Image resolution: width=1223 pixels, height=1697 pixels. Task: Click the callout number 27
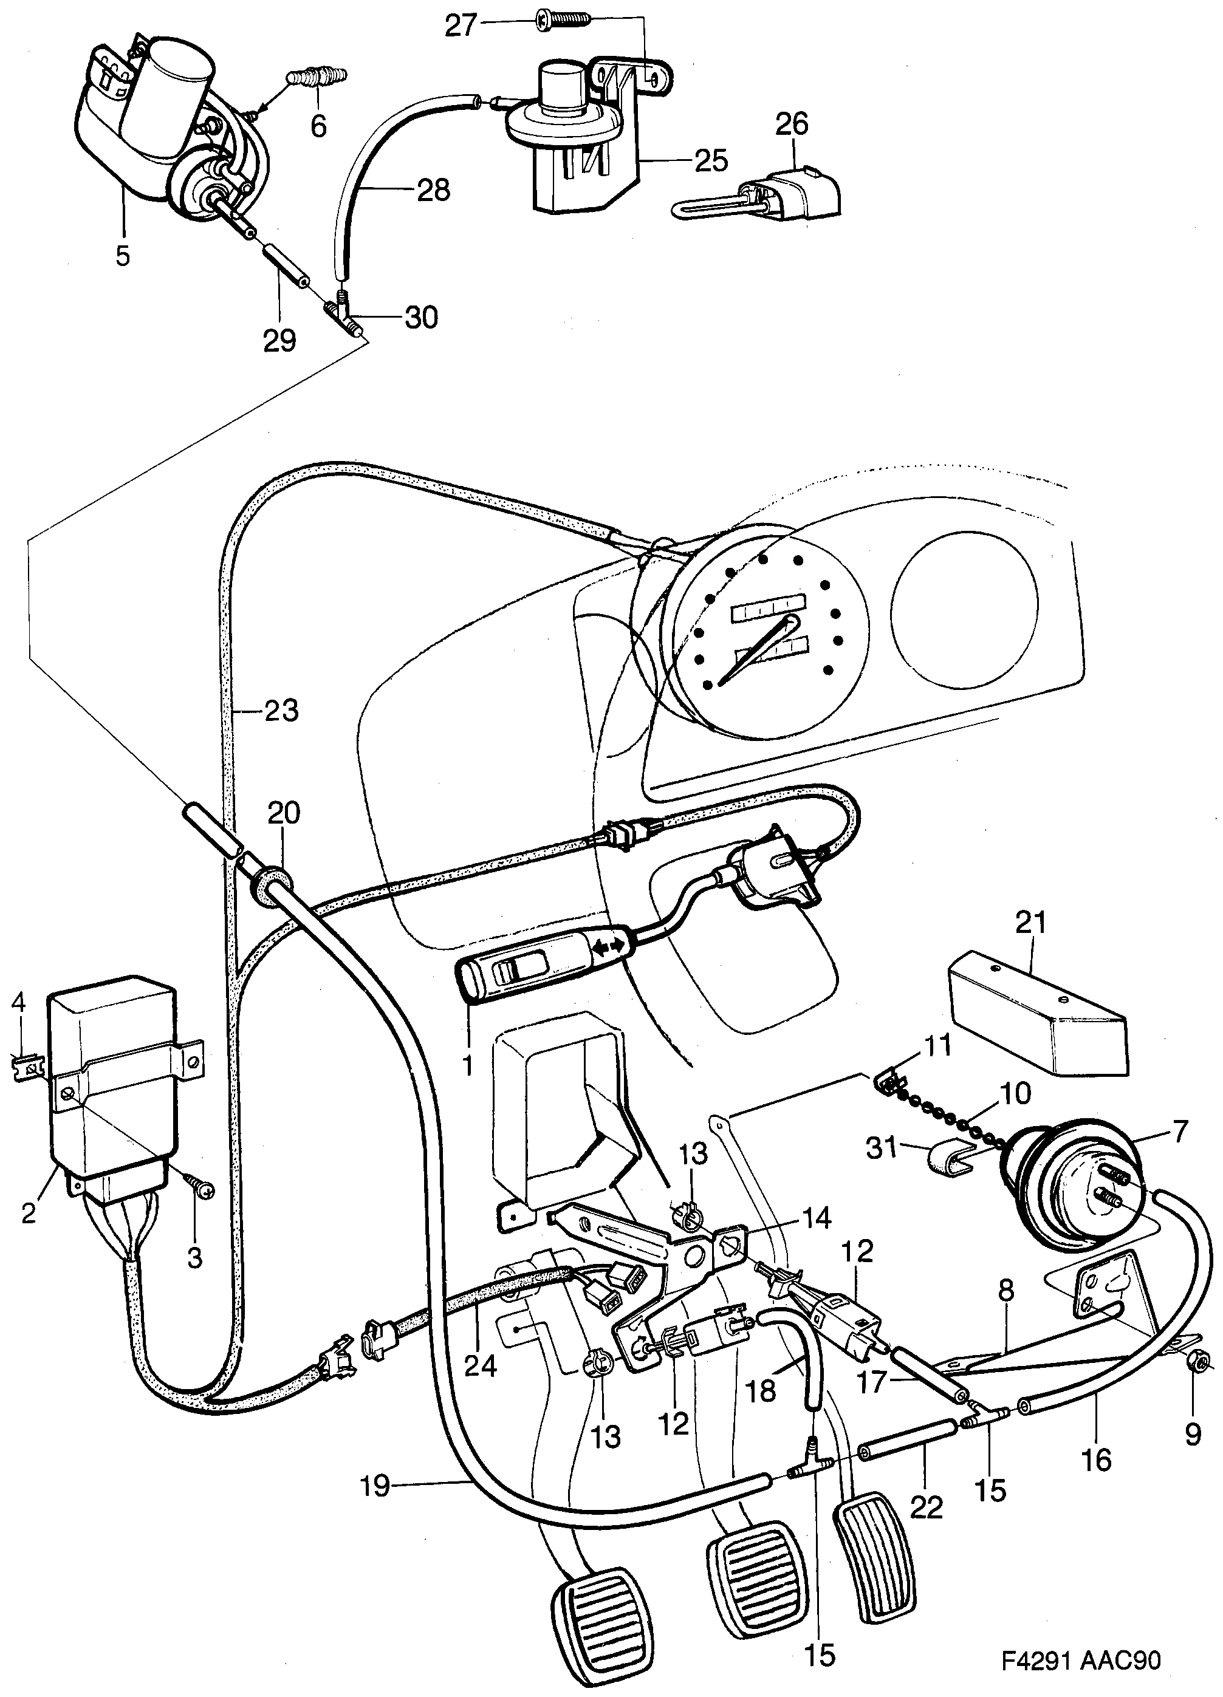pos(461,26)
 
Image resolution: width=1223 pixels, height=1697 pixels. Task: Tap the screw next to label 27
pos(562,22)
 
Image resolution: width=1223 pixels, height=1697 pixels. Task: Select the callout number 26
pos(792,124)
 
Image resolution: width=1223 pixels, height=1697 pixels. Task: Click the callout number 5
pos(123,256)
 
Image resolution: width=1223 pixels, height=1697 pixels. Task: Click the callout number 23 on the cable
pos(281,710)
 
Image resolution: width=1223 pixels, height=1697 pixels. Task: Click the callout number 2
pos(29,1212)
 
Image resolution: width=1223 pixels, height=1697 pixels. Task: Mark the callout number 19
pos(375,1485)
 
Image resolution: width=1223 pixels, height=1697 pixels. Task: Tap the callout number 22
pos(926,1506)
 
